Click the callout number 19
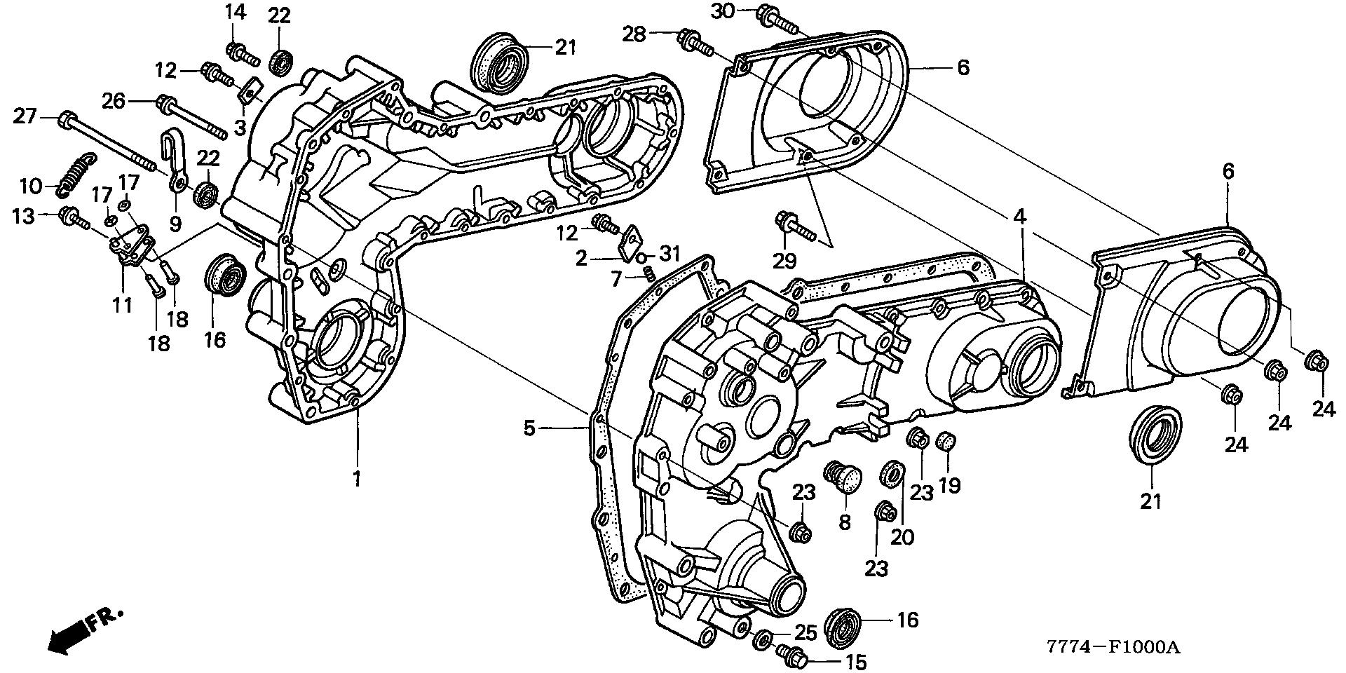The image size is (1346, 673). pos(950,485)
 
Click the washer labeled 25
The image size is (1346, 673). pos(763,639)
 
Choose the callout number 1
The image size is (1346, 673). pos(356,480)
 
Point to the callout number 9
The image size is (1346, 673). pos(175,223)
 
